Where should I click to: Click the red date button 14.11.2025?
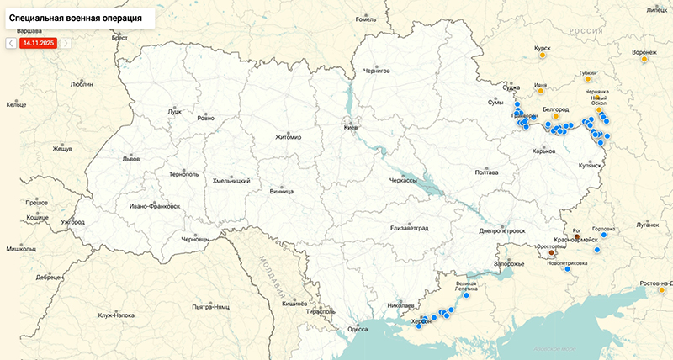point(38,42)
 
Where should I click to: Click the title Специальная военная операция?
point(82,17)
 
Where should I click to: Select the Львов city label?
point(131,158)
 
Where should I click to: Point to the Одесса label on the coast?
point(358,329)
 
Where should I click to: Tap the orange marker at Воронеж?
point(644,60)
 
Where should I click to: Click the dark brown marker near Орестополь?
point(552,252)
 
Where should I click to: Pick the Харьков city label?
point(544,151)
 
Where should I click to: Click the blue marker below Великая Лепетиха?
point(466,296)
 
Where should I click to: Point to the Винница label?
point(282,191)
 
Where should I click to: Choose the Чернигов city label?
point(377,71)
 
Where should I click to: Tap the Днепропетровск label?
point(502,230)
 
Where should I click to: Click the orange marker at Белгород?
point(556,117)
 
